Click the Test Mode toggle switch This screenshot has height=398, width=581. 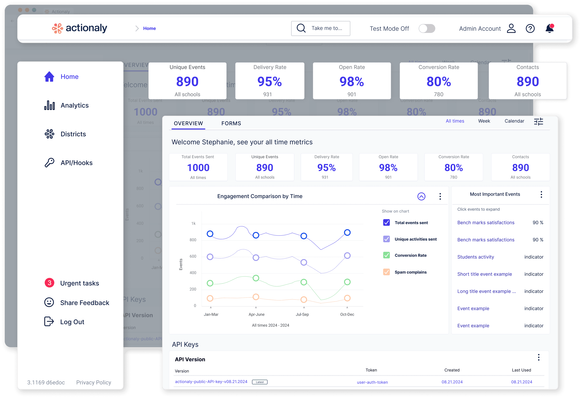coord(427,28)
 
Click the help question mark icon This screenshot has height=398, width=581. coord(530,28)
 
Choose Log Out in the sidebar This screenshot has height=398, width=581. coord(72,322)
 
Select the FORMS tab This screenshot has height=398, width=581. coord(231,123)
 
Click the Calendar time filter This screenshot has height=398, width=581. coord(514,121)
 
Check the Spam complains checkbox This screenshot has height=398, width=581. coord(386,272)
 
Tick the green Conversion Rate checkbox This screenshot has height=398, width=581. coord(386,255)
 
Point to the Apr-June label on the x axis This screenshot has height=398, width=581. coord(256,314)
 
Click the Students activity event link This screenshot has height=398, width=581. coord(475,257)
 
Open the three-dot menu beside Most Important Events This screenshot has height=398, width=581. coord(541,194)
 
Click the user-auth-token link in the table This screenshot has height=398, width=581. coord(372,382)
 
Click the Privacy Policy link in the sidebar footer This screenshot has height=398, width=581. coord(93,382)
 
